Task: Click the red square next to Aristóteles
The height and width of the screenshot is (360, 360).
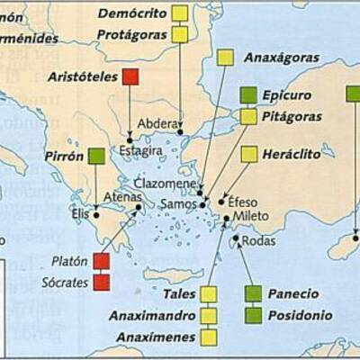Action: [x=130, y=76]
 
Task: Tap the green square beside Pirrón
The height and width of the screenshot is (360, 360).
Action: [x=96, y=156]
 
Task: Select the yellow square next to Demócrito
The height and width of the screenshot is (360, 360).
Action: [x=180, y=13]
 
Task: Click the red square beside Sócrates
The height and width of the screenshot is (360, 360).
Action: [x=102, y=282]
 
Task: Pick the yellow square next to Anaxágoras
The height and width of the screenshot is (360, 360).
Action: [x=225, y=58]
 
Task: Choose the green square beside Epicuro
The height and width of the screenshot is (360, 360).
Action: [x=248, y=95]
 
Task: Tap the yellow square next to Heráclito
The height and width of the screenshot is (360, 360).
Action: [x=249, y=154]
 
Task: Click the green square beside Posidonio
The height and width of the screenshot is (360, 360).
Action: [x=254, y=315]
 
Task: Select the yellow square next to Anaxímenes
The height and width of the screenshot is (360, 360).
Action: [x=209, y=337]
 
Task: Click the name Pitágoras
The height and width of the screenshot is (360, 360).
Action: [x=292, y=116]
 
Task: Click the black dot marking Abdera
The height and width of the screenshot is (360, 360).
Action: [x=180, y=132]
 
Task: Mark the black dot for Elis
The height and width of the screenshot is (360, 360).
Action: [x=96, y=215]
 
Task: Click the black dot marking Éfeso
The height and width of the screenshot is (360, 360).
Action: [x=221, y=201]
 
